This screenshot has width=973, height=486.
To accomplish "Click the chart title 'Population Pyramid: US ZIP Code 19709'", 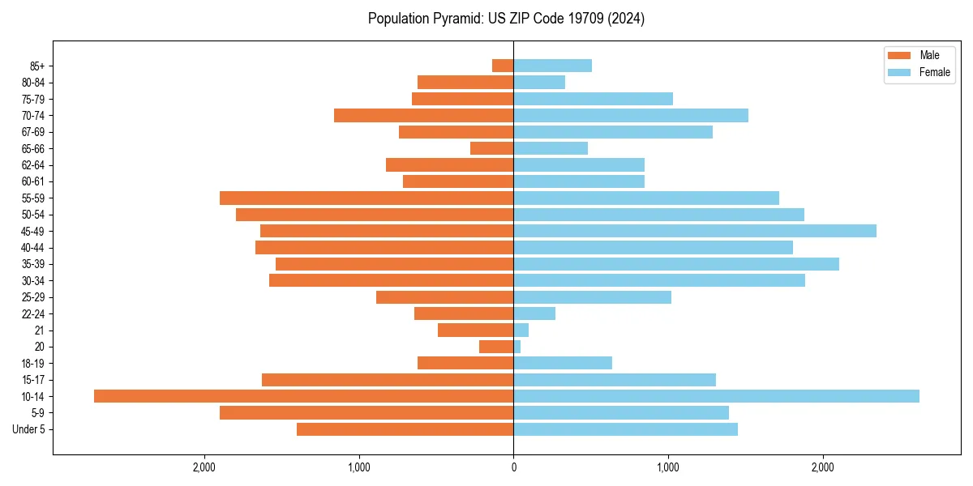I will pos(506,19).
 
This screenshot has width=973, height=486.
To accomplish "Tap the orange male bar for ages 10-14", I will pos(303,396).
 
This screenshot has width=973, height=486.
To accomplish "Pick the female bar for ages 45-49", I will pos(695,231).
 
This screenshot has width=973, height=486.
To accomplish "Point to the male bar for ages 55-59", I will pos(366,198).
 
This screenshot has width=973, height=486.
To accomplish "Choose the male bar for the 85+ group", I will pos(503,66).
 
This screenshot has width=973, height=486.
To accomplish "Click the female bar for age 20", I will pos(517,347).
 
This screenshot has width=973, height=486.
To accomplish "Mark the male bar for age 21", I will pos(475,330).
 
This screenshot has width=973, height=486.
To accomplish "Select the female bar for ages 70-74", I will pos(631,115).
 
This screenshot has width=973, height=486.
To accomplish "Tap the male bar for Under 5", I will pos(405,429).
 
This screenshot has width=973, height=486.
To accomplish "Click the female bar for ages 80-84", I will pos(539,82).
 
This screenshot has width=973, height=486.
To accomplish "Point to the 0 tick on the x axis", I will pos(513,467).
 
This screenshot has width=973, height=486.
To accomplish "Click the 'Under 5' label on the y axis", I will pos(28,429).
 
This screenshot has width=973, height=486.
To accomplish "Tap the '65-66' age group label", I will pos(33,148).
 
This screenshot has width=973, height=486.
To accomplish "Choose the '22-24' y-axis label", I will pos(33,313).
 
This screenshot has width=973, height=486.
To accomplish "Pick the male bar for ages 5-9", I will pos(366,412).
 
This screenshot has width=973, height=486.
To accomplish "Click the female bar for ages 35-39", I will pos(676,264).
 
